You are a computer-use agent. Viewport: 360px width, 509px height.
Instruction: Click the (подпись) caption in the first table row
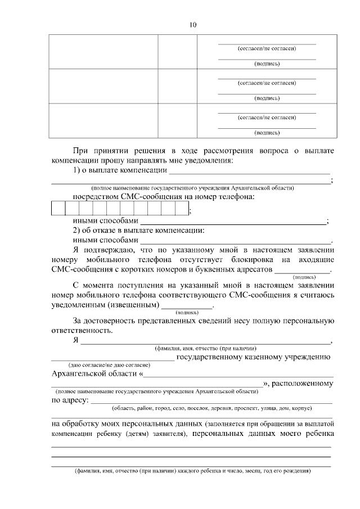[x=267, y=63]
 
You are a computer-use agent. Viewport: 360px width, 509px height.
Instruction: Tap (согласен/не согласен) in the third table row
[x=267, y=118]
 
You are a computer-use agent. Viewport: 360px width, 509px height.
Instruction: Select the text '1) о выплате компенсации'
[x=120, y=170]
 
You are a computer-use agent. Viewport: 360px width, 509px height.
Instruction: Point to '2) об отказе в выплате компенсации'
[x=138, y=231]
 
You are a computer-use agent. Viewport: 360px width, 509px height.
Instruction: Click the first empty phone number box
[x=58, y=208]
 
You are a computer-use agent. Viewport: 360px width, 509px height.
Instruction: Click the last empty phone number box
[x=181, y=208]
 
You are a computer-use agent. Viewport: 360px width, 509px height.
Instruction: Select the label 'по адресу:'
[x=69, y=400]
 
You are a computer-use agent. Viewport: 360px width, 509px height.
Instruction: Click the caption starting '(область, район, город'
[x=212, y=408]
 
